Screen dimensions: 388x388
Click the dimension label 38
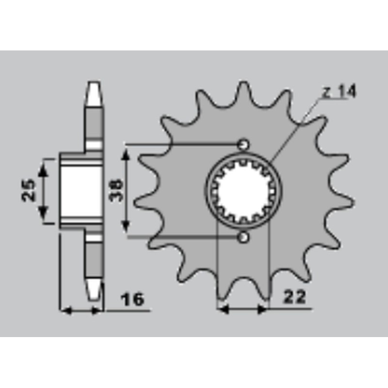click(x=115, y=190)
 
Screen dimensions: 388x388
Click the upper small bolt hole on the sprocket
click(x=243, y=144)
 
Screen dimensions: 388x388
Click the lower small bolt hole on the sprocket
click(x=243, y=237)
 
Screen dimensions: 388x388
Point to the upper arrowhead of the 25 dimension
click(x=43, y=165)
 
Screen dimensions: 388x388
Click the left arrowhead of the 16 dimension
click(x=65, y=310)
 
